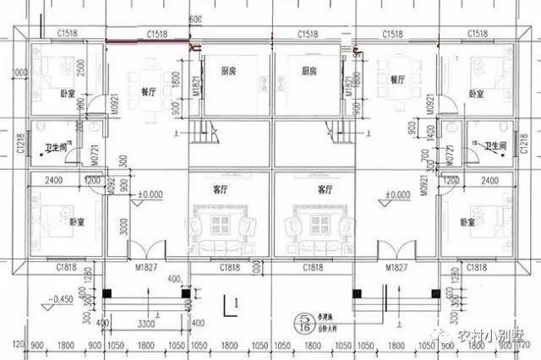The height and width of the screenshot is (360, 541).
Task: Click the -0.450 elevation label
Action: (60, 299)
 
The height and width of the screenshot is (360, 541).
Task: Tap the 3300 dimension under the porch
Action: (146, 324)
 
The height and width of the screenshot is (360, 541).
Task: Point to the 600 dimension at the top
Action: (196, 19)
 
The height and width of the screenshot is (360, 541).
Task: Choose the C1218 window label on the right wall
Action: (531, 145)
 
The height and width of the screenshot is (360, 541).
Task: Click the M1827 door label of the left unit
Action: (145, 268)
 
